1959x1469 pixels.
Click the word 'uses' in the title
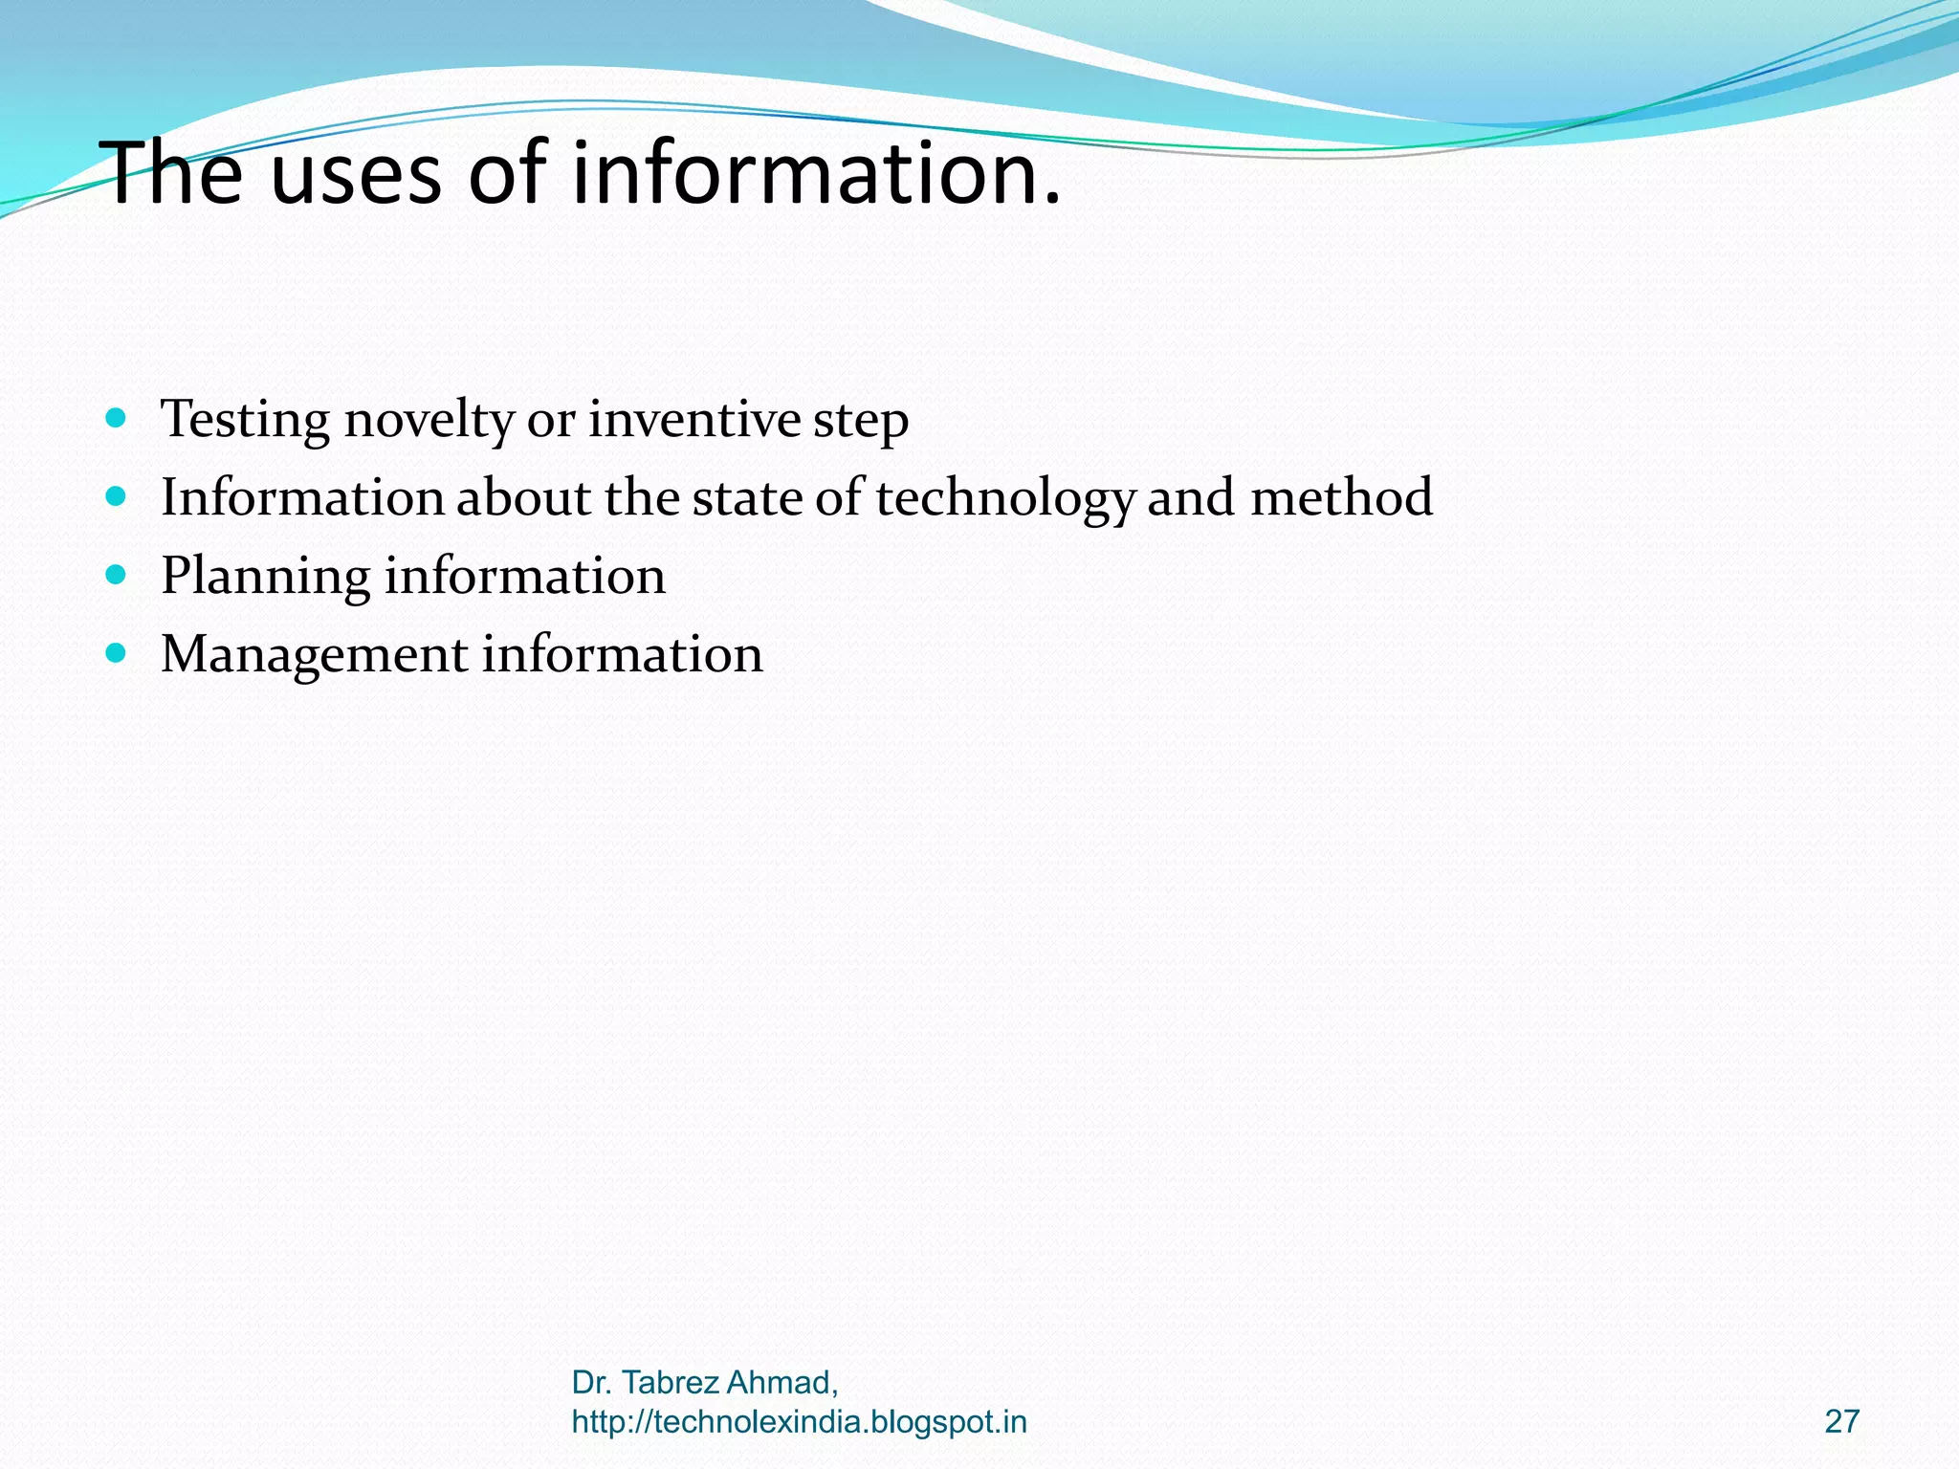coord(356,174)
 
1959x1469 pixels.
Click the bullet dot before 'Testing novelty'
coord(116,417)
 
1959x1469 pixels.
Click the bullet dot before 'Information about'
coord(116,495)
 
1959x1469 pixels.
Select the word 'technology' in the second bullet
coord(1005,499)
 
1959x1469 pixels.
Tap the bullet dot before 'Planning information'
coord(116,574)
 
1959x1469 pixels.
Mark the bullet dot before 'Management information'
coord(116,652)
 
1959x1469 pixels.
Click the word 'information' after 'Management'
coord(622,654)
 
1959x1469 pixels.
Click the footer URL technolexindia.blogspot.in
coord(799,1422)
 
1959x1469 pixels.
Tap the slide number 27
coord(1841,1422)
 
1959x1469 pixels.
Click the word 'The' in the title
coord(174,174)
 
